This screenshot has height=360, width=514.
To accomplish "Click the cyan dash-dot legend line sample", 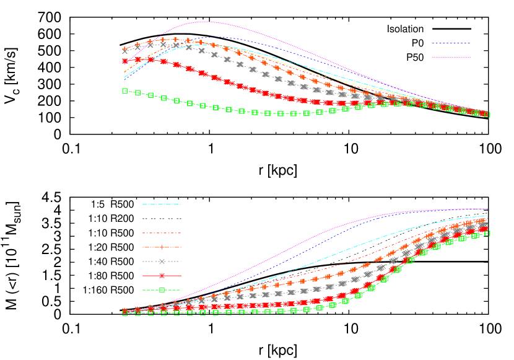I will tap(162, 204).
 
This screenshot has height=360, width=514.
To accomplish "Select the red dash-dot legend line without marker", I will tap(162, 233).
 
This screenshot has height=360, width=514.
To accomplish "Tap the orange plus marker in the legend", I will tap(162, 247).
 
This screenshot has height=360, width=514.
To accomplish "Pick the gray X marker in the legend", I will tap(162, 261).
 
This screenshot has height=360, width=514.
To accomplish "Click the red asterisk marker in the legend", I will tap(162, 276).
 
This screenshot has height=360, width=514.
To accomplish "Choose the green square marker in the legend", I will tap(162, 290).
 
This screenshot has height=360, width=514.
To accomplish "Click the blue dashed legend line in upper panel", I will tap(451, 43).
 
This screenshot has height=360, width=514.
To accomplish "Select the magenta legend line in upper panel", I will tap(451, 57).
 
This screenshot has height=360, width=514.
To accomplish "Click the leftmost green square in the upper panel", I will tap(125, 91).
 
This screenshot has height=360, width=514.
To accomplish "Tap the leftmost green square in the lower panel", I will tap(125, 313).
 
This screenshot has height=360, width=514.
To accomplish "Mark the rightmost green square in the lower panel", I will tap(487, 233).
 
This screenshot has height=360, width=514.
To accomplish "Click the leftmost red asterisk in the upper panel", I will tap(125, 62).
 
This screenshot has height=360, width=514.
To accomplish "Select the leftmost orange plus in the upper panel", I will tap(125, 49).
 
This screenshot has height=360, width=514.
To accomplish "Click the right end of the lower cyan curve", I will tap(488, 216).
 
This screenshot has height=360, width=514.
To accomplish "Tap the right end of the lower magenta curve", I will tap(488, 209).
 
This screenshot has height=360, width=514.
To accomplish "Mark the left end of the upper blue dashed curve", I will tap(124, 79).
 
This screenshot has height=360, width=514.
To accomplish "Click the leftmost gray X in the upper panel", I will tap(125, 51).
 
